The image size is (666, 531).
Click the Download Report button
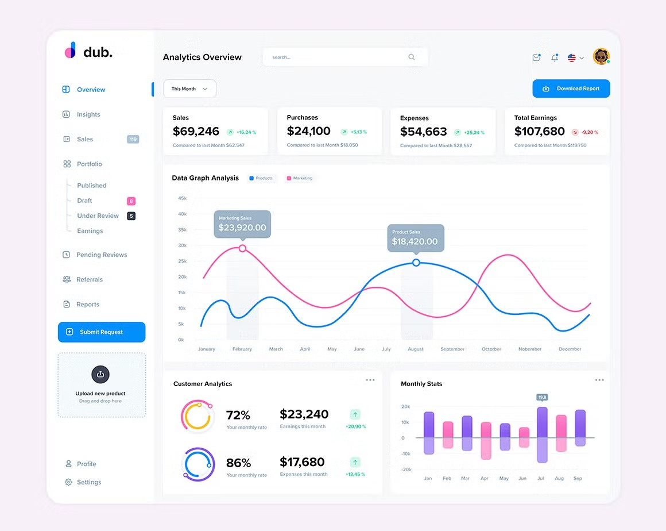(571, 88)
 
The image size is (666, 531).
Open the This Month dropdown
(189, 89)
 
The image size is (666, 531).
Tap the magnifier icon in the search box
(412, 57)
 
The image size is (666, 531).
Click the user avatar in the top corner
(601, 56)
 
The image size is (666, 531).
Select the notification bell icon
(554, 57)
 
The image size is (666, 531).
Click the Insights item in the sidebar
(88, 114)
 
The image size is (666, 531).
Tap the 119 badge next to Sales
(133, 139)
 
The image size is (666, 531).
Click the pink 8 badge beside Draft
(131, 201)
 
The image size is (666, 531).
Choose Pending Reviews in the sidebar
(101, 255)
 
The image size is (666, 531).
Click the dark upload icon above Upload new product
(100, 374)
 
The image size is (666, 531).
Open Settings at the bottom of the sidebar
(88, 482)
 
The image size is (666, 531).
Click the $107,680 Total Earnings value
(539, 132)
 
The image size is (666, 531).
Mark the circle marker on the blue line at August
(416, 263)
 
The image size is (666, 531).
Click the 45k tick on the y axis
(182, 198)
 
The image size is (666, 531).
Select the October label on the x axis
(491, 349)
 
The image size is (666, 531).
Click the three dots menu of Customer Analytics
(370, 380)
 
